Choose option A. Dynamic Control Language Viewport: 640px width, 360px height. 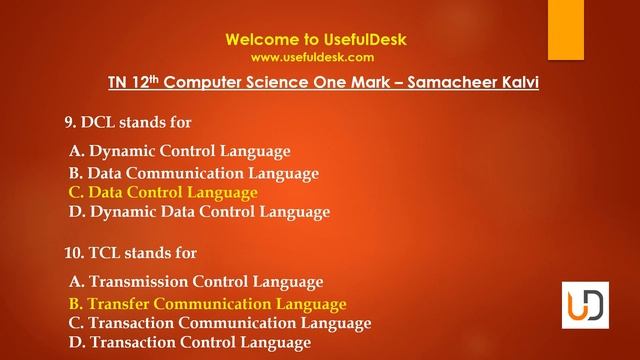click(180, 152)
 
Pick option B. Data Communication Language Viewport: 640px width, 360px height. click(194, 173)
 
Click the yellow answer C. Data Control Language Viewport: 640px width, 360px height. click(163, 192)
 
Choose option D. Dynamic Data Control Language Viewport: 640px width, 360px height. click(199, 212)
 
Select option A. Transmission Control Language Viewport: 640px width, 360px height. click(196, 282)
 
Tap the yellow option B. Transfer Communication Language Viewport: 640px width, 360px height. click(207, 304)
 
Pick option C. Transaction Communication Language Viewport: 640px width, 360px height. click(220, 323)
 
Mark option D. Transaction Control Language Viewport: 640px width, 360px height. click(189, 343)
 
